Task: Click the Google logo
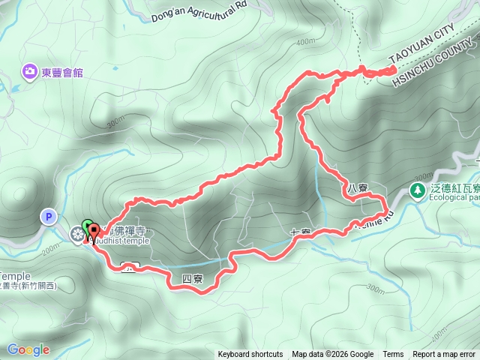(x=28, y=349)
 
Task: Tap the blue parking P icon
(x=48, y=217)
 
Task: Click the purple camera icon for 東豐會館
(x=30, y=72)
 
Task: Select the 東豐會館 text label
(x=63, y=73)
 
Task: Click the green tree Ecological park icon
(x=418, y=192)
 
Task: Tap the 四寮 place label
(x=192, y=278)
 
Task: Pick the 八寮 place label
(x=357, y=187)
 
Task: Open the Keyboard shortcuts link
(x=250, y=355)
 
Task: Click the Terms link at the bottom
(x=393, y=355)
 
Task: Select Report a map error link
(x=445, y=355)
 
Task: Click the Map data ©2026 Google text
(x=332, y=355)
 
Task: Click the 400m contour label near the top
(x=305, y=41)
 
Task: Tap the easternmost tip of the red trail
(x=395, y=69)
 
